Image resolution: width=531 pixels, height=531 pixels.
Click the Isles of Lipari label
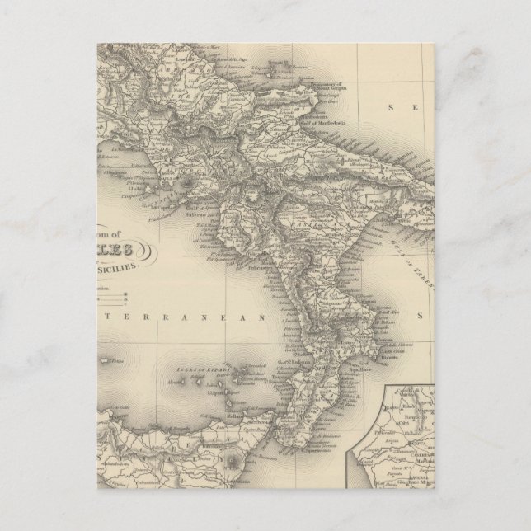(195, 368)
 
